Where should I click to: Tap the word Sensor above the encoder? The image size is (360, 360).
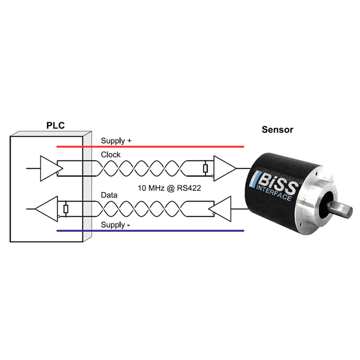(x=277, y=130)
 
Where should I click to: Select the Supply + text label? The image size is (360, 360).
(x=116, y=141)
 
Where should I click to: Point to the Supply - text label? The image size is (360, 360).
(x=115, y=225)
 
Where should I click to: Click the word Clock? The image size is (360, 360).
(x=110, y=155)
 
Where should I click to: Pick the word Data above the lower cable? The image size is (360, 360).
(x=109, y=196)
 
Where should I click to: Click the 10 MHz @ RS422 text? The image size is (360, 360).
(x=169, y=188)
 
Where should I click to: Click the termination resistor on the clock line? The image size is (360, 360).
(x=205, y=168)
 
